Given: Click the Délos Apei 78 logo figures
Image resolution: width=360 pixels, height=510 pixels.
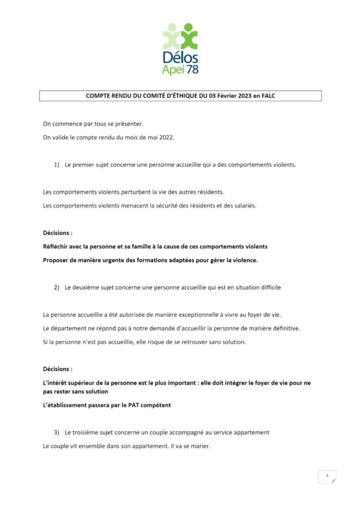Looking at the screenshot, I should click(x=180, y=36).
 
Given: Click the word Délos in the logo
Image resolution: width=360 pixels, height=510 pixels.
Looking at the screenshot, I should click(x=180, y=58).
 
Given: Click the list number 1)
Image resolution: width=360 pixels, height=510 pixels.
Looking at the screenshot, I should click(x=57, y=164).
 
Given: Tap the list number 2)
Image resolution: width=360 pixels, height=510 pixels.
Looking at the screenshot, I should click(x=57, y=287).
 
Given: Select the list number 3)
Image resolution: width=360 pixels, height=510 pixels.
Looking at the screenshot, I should click(x=57, y=432).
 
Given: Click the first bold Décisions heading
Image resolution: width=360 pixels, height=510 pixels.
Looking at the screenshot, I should click(x=58, y=233).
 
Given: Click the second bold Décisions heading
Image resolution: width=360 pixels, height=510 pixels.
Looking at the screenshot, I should click(x=58, y=369).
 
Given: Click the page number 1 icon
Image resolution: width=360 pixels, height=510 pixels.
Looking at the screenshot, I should click(x=327, y=477).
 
